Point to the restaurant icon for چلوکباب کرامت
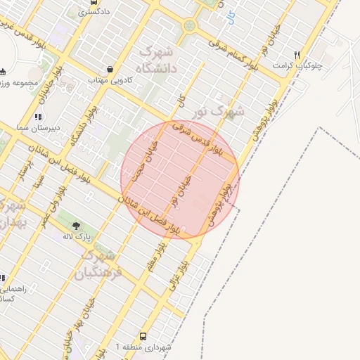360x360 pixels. [297, 55]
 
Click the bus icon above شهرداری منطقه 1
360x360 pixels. [143, 337]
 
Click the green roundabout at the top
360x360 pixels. [188, 27]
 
